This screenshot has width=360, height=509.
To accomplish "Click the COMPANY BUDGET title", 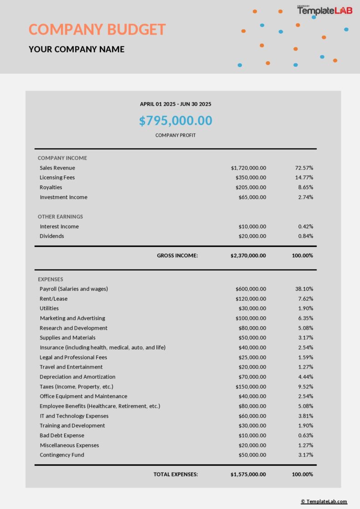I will pos(97,30).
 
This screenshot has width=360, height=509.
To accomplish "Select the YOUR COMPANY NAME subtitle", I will pos(77,49).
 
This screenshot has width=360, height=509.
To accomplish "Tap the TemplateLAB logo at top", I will pos(325,10).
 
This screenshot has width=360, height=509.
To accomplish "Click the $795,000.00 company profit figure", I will pos(175,121).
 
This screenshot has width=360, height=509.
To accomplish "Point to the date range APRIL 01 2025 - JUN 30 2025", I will pos(175,104).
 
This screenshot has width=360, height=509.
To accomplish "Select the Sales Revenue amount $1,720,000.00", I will pos(248,168).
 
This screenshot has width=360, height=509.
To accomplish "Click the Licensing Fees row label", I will pos(57,177).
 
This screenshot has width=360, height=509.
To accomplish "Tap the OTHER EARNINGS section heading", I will pos(60,216).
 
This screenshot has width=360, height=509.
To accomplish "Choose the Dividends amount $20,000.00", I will pos(252,236).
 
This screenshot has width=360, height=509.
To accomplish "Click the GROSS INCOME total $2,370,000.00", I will pos(248,256).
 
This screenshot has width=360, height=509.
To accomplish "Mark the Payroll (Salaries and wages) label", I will pos(73,289).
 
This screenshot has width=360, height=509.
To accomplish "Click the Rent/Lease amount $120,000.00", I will pos(251,299).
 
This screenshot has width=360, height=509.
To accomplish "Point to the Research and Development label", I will pos(73,328).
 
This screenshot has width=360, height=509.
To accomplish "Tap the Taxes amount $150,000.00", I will pos(251,387).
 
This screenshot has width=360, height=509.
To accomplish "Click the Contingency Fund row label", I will pos(62,455).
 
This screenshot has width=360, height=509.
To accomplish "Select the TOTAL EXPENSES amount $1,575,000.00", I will pos(248,474).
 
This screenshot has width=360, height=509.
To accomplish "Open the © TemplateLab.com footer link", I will pos(324,502).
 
